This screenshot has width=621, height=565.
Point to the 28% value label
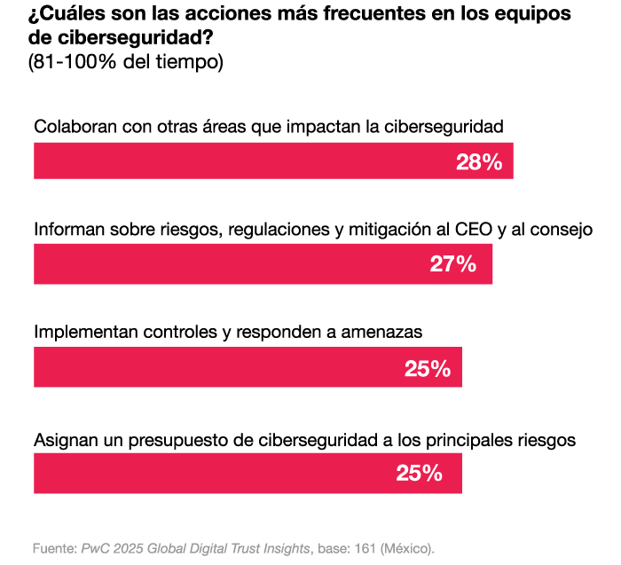[x=479, y=162]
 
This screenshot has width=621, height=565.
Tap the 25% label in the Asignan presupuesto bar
[x=419, y=474]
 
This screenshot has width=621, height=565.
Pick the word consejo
[x=560, y=230]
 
